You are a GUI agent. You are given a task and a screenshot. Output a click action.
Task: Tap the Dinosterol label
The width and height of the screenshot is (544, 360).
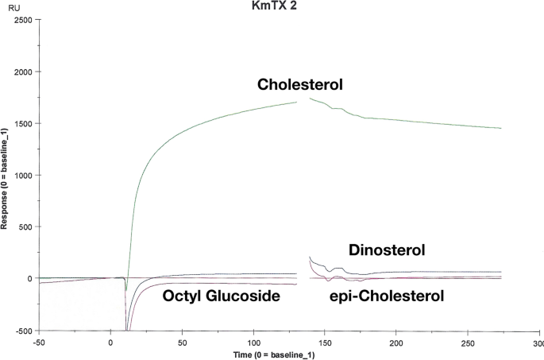[x=387, y=250]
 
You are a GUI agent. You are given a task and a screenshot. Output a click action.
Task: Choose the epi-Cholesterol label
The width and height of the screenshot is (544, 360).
[x=386, y=296]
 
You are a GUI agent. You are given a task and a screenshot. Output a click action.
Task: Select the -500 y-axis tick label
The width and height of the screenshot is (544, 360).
[x=21, y=331]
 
